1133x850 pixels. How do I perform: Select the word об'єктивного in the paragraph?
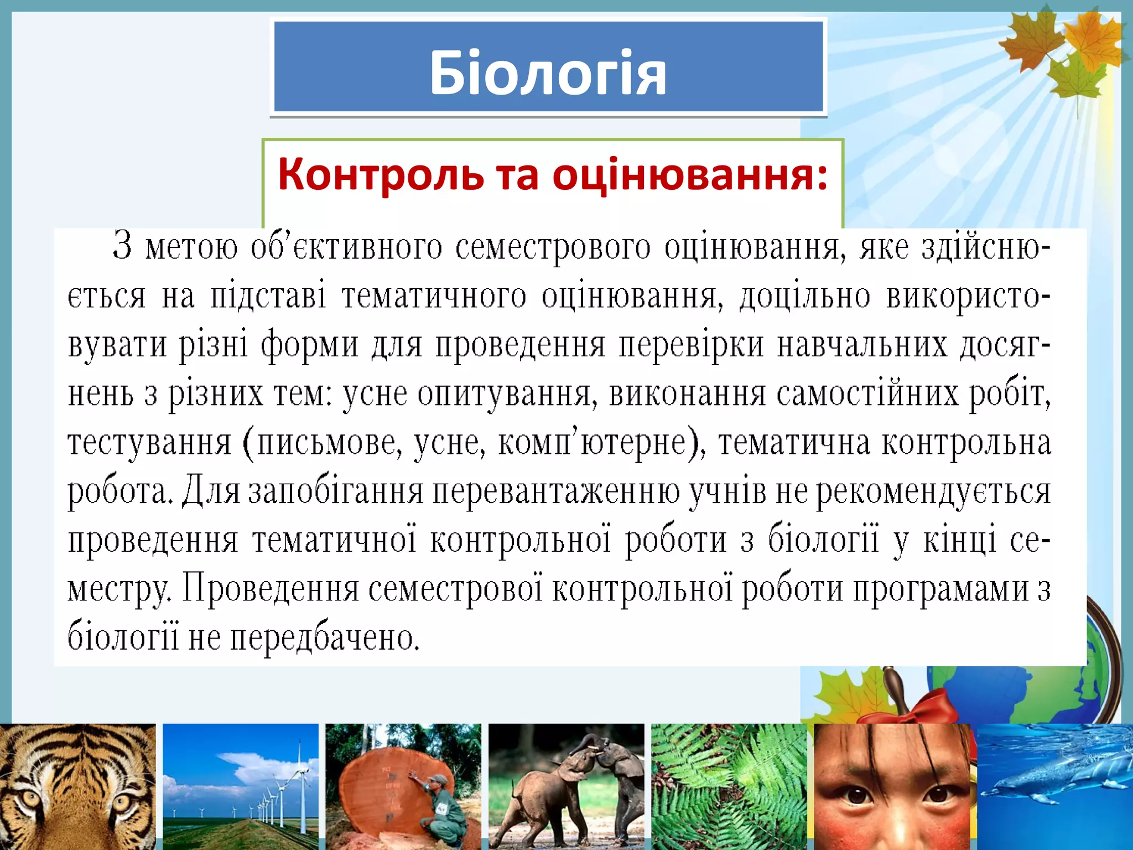point(346,247)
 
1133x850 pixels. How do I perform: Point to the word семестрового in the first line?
point(553,247)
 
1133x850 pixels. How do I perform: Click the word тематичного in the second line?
point(434,296)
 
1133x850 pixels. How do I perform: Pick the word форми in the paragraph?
point(309,345)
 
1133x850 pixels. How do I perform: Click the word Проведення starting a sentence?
point(271,588)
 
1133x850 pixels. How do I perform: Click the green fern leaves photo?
point(729,786)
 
